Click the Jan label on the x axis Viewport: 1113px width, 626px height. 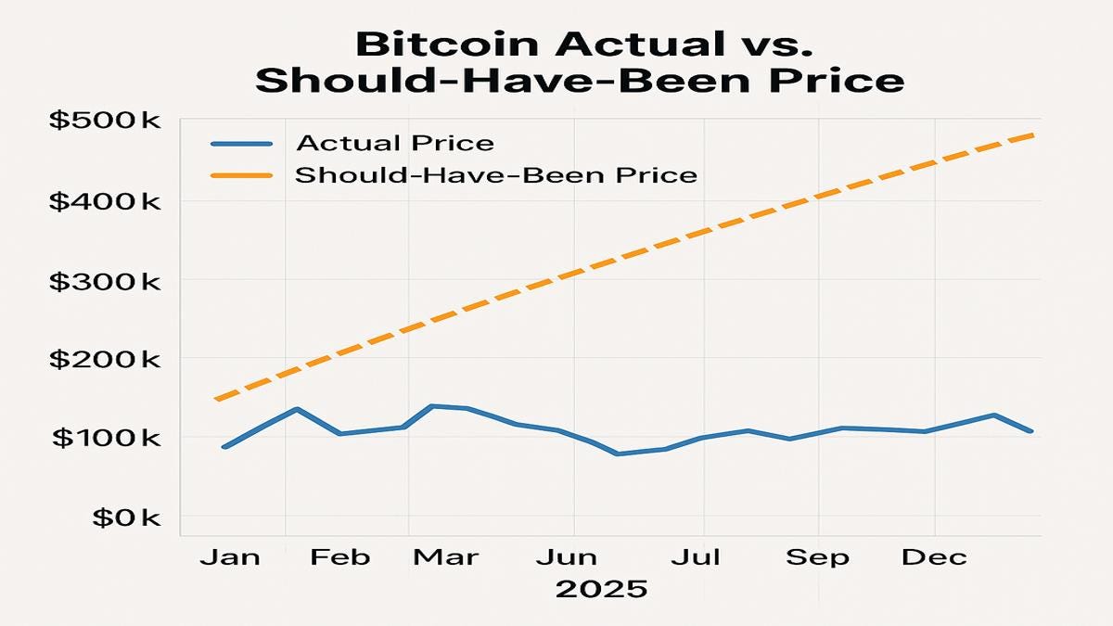point(230,556)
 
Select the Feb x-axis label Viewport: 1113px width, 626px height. point(339,556)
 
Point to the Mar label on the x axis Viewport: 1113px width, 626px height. point(445,556)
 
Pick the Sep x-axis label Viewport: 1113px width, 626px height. point(817,556)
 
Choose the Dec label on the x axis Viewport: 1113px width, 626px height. point(936,556)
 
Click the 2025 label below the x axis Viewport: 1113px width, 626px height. point(600,589)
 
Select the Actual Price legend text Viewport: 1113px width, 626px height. point(394,144)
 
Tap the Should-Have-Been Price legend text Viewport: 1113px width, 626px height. point(495,174)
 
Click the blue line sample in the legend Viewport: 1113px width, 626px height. point(240,144)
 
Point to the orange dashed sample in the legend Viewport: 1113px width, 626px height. point(240,174)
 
